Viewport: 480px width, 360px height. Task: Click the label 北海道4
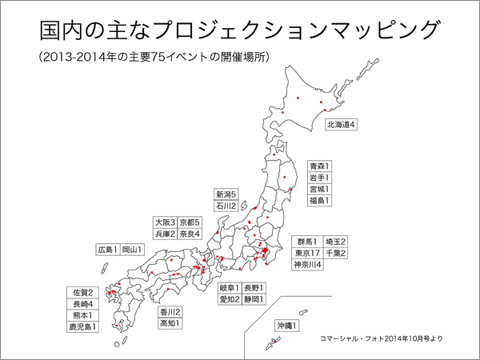click(340, 125)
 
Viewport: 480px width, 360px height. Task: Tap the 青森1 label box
click(319, 166)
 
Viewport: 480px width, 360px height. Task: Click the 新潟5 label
click(226, 194)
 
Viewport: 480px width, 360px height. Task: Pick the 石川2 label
click(226, 206)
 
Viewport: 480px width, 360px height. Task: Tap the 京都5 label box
click(190, 222)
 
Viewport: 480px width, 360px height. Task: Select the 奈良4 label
click(190, 234)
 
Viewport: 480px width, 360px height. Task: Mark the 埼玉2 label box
click(335, 241)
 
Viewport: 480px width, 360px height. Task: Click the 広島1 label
click(106, 249)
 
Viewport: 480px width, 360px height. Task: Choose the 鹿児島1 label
click(84, 326)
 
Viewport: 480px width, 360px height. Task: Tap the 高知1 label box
click(170, 323)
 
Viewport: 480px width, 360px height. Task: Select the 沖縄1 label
click(286, 326)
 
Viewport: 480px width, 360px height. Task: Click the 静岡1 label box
click(254, 299)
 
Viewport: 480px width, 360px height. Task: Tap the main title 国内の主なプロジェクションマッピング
click(239, 30)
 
